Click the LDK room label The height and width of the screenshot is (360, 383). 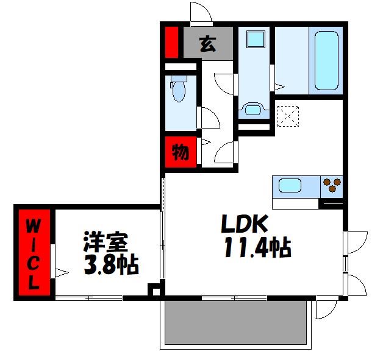click(x=244, y=225)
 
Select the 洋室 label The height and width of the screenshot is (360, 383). click(x=105, y=242)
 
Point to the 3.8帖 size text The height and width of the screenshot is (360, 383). click(x=110, y=265)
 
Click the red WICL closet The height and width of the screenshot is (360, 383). click(x=34, y=253)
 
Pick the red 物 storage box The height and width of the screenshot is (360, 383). click(x=179, y=152)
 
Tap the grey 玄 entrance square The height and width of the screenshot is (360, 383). click(x=208, y=44)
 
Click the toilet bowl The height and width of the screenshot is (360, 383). click(x=179, y=91)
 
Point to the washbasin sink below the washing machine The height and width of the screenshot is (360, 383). click(x=252, y=110)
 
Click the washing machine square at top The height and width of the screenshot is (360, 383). click(x=254, y=40)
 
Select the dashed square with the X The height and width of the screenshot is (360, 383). click(x=288, y=116)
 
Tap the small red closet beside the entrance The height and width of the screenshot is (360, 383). click(x=171, y=42)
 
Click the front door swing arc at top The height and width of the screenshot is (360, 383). click(x=199, y=12)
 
